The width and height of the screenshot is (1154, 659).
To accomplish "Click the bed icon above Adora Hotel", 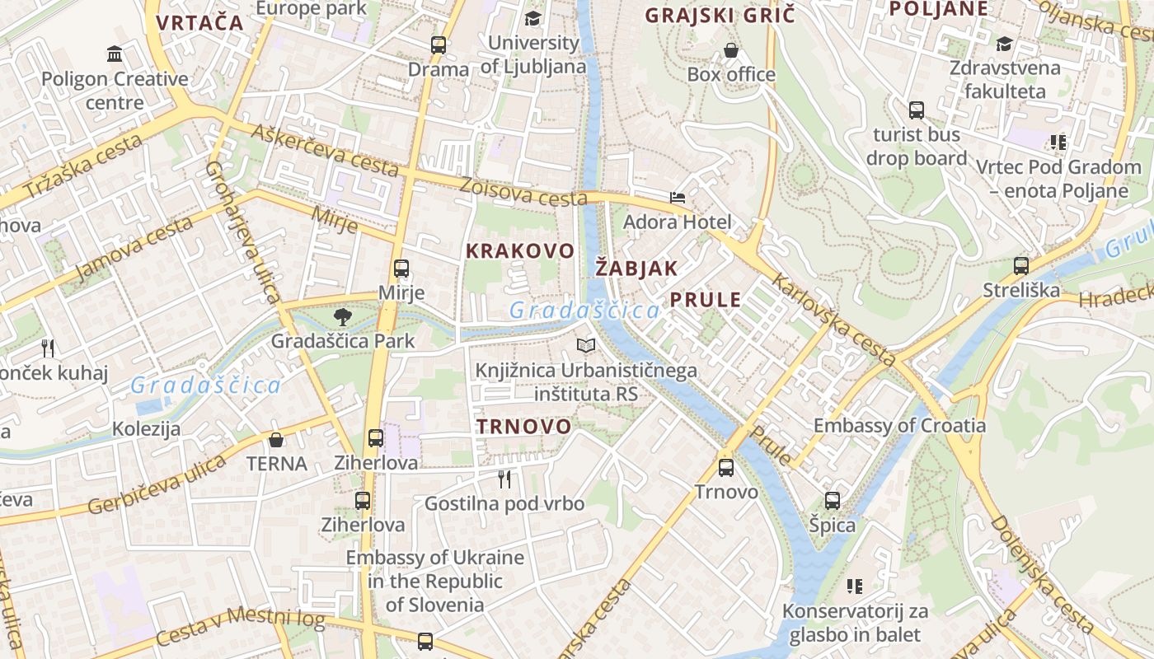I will pos(678,198).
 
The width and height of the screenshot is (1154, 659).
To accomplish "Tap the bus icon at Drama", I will pos(439,45).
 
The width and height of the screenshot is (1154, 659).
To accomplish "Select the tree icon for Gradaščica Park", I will pos(342,316).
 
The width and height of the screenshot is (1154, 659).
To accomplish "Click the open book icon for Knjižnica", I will pos(586,346).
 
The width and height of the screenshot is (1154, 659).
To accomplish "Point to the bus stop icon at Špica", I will pos(833,500).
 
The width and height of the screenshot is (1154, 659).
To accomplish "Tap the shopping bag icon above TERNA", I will pos(276,440).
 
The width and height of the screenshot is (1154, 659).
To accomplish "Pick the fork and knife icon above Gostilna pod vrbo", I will pos(504,479).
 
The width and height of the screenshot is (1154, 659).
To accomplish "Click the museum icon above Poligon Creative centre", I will pos(115,54).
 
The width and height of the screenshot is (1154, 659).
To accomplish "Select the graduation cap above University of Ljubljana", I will pos(533,18).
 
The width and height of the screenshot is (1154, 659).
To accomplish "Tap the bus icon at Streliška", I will pos(1021,266).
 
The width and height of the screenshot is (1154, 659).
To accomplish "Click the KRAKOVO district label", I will pos(519,250).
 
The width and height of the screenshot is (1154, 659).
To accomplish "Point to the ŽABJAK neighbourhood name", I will pos(636,268).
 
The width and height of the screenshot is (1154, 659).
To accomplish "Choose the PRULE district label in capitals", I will pos(706,299).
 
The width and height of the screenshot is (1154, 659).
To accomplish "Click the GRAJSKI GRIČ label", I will pos(720,15).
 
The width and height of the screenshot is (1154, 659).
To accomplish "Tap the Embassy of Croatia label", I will pos(899,426).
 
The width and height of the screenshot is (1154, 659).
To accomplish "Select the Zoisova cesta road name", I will pos(523,191).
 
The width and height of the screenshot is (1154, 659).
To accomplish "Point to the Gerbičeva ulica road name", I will pos(157,484).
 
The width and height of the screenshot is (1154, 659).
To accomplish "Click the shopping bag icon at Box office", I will pos(731,51).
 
